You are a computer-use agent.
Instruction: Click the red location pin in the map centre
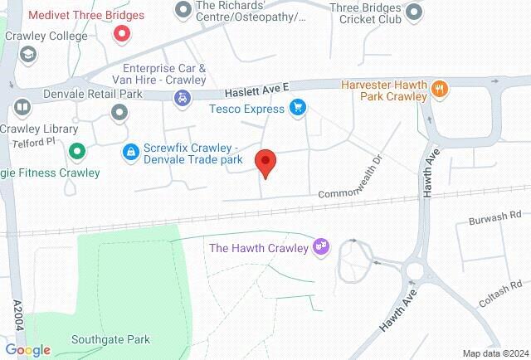pos(265,163)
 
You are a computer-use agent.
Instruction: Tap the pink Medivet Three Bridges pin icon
pos(122,34)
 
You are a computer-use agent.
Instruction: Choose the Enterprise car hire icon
pos(180,98)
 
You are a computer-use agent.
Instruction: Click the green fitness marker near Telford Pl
pos(77,151)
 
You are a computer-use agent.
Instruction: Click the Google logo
pos(27,350)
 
